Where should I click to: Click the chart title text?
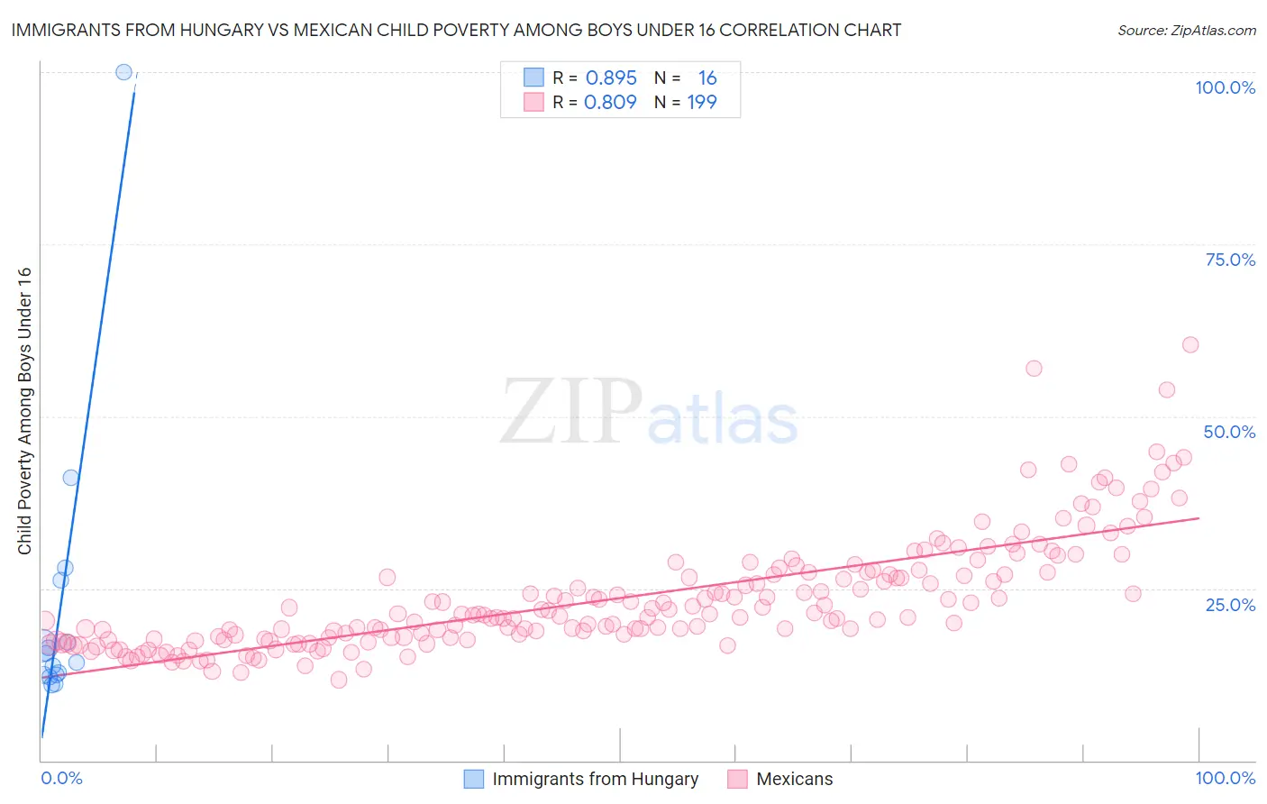point(456,30)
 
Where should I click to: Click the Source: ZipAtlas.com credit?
point(1186,30)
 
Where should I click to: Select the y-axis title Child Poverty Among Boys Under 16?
point(24,411)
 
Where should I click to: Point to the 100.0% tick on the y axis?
point(1225,87)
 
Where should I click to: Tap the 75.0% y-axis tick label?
point(1230,260)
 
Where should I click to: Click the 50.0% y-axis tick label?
point(1229,432)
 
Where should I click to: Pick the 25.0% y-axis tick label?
point(1230,605)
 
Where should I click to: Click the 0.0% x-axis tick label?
point(61,778)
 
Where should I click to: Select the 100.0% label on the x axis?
point(1225,778)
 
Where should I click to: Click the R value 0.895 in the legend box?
point(611,78)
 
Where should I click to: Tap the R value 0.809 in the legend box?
point(610,103)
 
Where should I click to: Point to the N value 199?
point(702,103)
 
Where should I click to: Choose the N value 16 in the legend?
point(707,78)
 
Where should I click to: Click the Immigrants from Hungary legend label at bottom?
point(595,779)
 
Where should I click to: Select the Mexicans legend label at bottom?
point(794,779)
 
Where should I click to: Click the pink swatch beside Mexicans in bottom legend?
point(737,779)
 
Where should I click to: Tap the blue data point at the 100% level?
point(124,72)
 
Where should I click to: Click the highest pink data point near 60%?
point(1190,344)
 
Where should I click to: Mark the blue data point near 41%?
point(70,478)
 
